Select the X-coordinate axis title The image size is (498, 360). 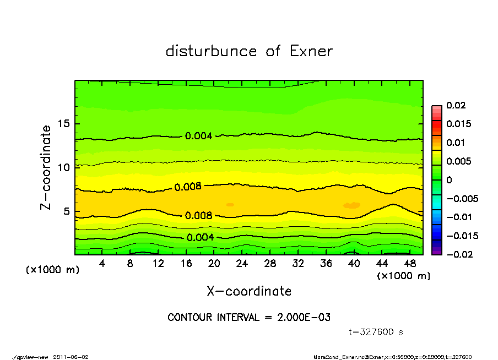pos(249,291)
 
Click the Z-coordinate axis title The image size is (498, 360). pos(46,167)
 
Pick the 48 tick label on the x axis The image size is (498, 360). pos(410,264)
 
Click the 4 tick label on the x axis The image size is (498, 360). pos(103,264)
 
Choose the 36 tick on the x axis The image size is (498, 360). pos(326,264)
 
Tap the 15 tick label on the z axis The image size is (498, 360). pos(64,124)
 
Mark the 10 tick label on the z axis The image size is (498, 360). pos(64,167)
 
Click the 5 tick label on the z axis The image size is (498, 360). pos(67,211)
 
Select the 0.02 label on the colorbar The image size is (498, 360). pos(456,105)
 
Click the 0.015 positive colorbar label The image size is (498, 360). pos(458,124)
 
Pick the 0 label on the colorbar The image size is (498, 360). pos(449,179)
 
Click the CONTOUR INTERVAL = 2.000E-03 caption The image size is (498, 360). pos(249,318)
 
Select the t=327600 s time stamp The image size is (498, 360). pos(376,332)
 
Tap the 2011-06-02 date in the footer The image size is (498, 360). pos(71,357)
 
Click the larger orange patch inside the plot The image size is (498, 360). pos(351,205)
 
